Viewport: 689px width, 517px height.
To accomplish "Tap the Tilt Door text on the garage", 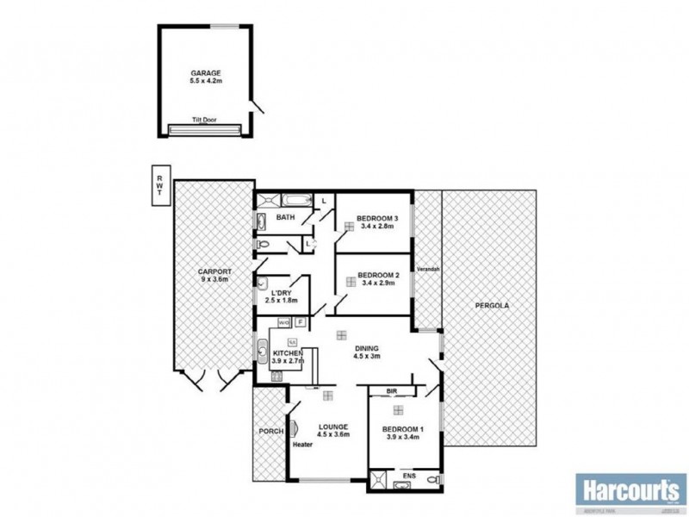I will point(204,120).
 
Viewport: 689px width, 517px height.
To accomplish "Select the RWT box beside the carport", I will point(159,185).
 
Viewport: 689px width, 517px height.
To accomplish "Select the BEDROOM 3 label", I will point(379,218).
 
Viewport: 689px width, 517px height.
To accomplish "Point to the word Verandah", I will point(428,270).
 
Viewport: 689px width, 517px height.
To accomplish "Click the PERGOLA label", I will point(488,307).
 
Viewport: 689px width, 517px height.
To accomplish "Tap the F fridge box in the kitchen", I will point(300,322).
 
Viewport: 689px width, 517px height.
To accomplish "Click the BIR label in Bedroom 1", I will point(393,391).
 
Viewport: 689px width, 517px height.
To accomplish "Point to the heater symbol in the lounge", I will point(294,428).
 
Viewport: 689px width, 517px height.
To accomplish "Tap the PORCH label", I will point(269,432).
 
